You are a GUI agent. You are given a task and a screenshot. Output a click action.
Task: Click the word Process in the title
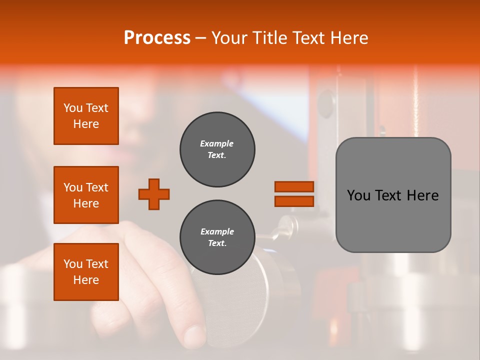(x=157, y=38)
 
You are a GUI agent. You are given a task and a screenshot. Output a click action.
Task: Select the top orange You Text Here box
(x=86, y=116)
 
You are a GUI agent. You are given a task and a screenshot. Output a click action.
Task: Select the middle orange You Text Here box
(x=86, y=195)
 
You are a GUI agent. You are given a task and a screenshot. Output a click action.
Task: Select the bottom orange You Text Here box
(x=86, y=272)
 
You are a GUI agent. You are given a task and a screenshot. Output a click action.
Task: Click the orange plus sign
(x=154, y=194)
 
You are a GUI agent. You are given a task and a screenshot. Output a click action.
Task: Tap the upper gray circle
(x=217, y=149)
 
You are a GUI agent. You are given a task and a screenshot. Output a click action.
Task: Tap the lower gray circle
(x=217, y=237)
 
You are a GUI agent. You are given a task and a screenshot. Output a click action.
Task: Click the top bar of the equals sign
(x=294, y=186)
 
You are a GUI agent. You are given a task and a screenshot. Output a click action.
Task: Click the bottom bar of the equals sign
(x=294, y=201)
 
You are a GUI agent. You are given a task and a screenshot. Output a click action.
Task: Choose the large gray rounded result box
(x=393, y=195)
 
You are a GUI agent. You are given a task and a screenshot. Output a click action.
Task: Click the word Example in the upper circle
(x=217, y=143)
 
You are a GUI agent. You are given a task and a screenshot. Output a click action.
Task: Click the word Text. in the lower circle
(x=217, y=243)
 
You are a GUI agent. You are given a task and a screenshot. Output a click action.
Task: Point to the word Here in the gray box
(x=422, y=195)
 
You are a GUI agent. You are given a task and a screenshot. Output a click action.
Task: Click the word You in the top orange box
(x=73, y=108)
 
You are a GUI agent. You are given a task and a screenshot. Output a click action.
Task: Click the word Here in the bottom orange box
(x=86, y=280)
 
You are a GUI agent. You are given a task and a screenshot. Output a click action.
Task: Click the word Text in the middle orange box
(x=96, y=187)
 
